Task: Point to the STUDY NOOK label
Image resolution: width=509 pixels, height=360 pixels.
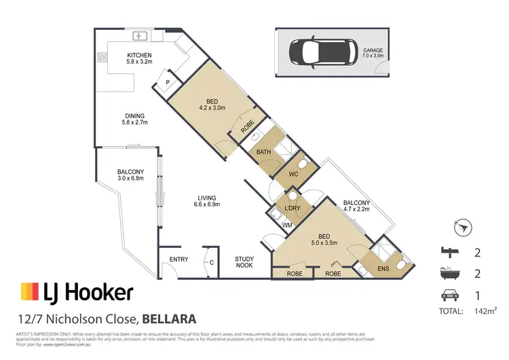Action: click(x=245, y=263)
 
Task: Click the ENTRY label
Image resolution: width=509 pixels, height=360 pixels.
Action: click(x=179, y=259)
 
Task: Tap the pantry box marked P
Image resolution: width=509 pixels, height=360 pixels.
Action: click(x=168, y=83)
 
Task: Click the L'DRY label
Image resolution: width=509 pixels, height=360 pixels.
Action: click(x=293, y=208)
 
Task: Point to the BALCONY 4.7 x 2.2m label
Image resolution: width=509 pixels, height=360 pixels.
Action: click(x=356, y=206)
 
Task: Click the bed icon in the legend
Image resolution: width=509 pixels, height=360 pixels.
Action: click(x=447, y=253)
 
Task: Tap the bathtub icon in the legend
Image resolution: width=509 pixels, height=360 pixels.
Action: click(x=447, y=274)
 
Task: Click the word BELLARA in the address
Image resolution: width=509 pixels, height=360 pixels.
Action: click(x=170, y=318)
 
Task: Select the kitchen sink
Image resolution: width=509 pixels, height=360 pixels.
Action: click(x=142, y=35)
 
